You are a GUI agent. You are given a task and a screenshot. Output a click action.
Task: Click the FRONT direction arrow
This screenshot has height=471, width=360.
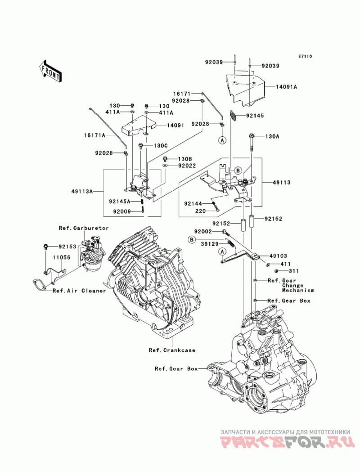(50, 72)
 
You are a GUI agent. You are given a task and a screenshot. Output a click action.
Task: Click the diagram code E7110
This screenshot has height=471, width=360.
(305, 56)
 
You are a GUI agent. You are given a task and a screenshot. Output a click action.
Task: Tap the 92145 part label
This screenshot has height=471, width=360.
(255, 116)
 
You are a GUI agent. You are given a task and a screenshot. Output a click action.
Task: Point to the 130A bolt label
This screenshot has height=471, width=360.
(272, 136)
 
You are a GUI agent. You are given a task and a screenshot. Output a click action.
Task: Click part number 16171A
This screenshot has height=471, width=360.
(94, 135)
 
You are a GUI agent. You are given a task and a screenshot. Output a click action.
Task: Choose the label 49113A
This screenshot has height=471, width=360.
(82, 191)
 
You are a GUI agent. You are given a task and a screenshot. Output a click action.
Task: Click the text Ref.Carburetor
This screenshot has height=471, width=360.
(84, 228)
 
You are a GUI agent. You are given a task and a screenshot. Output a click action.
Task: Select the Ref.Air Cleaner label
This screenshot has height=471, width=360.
(79, 291)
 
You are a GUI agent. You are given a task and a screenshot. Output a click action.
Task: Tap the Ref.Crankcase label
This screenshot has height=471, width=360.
(172, 350)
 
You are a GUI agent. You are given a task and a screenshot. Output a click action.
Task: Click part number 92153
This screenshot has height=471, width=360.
(67, 247)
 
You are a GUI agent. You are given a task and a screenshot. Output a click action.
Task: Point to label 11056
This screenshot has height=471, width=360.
(62, 257)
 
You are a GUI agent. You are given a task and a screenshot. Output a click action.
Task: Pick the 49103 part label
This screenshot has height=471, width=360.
(278, 256)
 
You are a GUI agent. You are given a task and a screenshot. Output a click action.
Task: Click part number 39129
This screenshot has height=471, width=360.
(210, 244)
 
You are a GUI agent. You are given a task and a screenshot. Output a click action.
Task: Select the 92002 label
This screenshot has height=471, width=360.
(203, 232)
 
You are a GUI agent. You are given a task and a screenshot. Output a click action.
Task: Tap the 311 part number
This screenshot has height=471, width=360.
(293, 271)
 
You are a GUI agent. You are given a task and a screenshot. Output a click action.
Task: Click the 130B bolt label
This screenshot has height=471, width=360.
(184, 159)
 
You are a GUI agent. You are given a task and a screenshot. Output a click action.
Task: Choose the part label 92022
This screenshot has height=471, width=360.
(187, 166)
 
